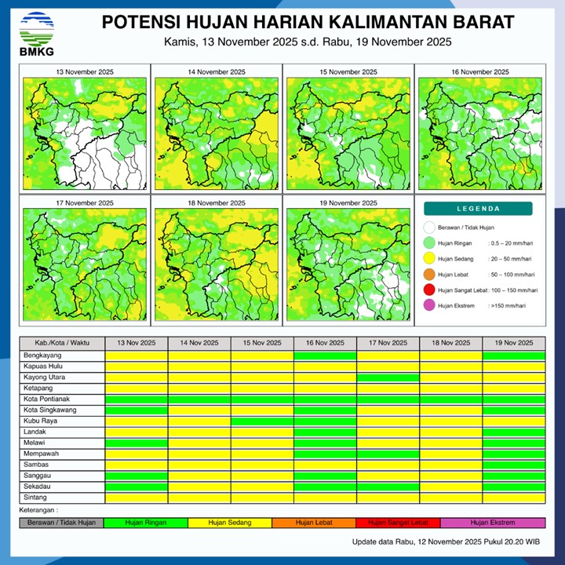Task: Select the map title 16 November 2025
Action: pyautogui.click(x=479, y=72)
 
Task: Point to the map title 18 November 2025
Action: pyautogui.click(x=216, y=203)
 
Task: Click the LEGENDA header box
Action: pyautogui.click(x=478, y=209)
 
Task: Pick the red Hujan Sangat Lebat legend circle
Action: pyautogui.click(x=428, y=290)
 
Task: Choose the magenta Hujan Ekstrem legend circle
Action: pyautogui.click(x=428, y=304)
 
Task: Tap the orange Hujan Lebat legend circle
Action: pyautogui.click(x=428, y=275)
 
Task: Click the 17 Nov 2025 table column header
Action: pyautogui.click(x=388, y=343)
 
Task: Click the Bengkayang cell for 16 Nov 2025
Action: pyautogui.click(x=325, y=355)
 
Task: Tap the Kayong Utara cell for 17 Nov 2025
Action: pyautogui.click(x=388, y=377)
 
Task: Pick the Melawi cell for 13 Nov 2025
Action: pyautogui.click(x=137, y=443)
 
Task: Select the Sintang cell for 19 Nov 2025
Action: pyautogui.click(x=513, y=498)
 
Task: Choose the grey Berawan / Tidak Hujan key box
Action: pyautogui.click(x=61, y=523)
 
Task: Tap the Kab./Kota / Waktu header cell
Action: pyautogui.click(x=62, y=343)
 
